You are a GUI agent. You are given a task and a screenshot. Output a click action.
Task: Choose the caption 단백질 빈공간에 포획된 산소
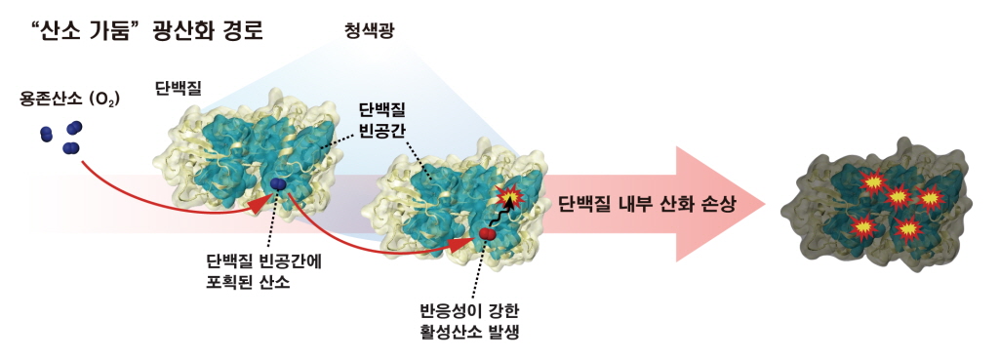(263, 272)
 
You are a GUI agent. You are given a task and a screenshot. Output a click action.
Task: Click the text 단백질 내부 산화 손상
(647, 205)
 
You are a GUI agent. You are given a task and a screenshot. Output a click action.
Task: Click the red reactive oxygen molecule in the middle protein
(488, 235)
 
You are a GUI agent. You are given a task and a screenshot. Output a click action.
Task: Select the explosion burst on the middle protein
(509, 197)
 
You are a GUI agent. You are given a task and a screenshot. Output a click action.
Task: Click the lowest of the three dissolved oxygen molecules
(70, 148)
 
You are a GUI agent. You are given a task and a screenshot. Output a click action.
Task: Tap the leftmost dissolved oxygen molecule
(46, 135)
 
